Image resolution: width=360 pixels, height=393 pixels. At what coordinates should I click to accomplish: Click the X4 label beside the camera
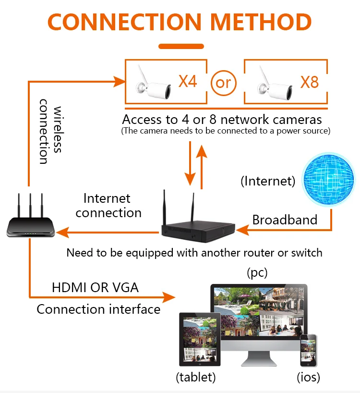pyautogui.click(x=188, y=81)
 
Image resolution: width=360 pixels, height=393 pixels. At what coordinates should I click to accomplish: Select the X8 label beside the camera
pyautogui.click(x=309, y=82)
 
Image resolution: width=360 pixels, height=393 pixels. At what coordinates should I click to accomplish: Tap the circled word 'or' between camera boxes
pyautogui.click(x=223, y=82)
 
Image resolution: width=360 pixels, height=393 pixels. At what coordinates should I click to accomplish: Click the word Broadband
pyautogui.click(x=285, y=220)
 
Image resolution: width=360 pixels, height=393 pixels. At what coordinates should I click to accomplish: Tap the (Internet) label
pyautogui.click(x=268, y=181)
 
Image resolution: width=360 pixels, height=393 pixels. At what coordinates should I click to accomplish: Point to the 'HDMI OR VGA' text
pyautogui.click(x=95, y=288)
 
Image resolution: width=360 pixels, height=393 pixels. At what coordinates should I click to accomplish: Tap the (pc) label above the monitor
pyautogui.click(x=257, y=273)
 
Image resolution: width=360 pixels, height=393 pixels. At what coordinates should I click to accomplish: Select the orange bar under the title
pyautogui.click(x=181, y=47)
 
